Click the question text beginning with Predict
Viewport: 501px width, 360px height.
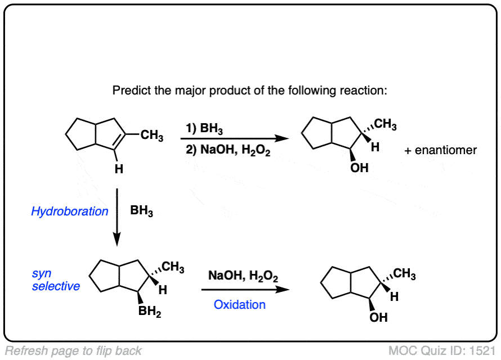click(x=250, y=91)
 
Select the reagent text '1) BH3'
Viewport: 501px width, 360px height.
click(x=204, y=130)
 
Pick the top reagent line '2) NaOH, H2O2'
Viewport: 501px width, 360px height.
click(x=228, y=150)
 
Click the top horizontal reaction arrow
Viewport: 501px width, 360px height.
click(x=231, y=139)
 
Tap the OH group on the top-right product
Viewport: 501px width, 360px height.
click(x=359, y=168)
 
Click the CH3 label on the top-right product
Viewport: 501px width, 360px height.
click(x=385, y=125)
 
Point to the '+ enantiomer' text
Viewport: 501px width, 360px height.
click(x=440, y=150)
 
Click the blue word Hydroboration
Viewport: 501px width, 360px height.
click(x=70, y=211)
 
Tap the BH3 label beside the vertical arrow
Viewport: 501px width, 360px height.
click(x=141, y=211)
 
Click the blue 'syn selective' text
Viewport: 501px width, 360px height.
click(x=56, y=280)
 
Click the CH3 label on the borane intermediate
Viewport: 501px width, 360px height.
click(x=173, y=269)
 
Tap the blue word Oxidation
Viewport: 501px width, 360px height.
click(x=239, y=304)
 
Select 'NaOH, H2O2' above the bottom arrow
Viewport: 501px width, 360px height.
click(x=243, y=276)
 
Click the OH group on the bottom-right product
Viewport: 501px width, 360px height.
click(x=378, y=318)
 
